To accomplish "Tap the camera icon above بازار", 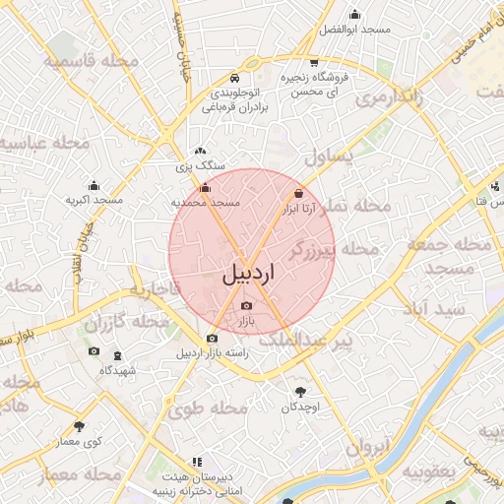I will (246, 307).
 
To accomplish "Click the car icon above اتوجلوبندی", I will (233, 79).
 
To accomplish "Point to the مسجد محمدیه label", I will (206, 202).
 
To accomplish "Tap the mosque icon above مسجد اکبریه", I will (94, 185).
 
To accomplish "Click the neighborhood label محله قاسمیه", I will (84, 61).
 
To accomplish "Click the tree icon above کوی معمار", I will (79, 426).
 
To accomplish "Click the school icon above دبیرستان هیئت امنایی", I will (197, 461).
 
